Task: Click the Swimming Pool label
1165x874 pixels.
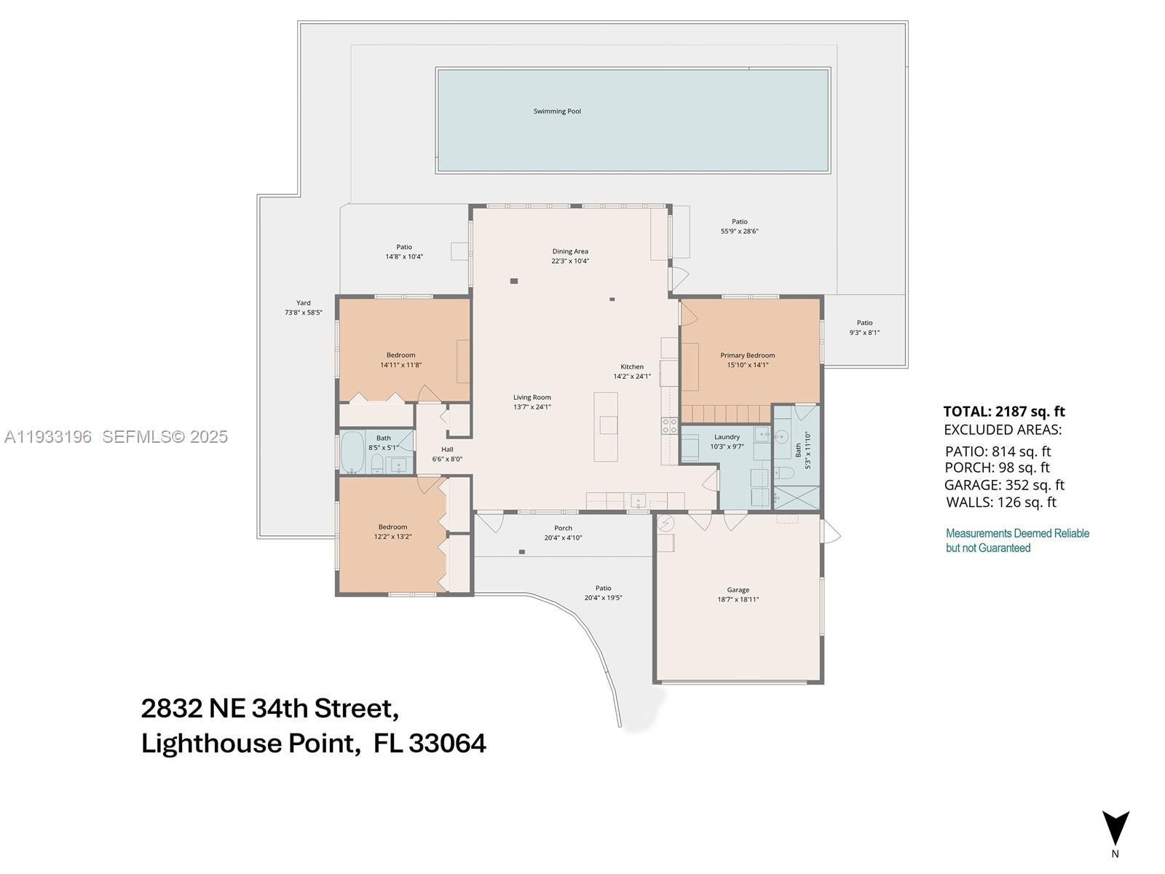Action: [557, 111]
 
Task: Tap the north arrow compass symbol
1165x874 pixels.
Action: [1115, 829]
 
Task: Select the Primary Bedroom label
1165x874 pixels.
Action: [748, 355]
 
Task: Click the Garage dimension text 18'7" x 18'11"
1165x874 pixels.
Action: [738, 599]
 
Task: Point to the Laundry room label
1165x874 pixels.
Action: [727, 437]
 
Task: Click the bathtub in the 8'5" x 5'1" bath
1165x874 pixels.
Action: [352, 453]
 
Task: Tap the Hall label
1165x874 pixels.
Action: [447, 449]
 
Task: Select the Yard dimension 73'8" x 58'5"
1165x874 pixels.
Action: [303, 312]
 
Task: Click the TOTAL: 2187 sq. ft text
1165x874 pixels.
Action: [1004, 412]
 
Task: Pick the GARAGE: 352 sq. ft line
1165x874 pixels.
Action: [1004, 485]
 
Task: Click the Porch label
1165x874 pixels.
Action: [563, 528]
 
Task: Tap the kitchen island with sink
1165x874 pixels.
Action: [606, 426]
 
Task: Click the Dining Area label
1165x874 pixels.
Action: [570, 251]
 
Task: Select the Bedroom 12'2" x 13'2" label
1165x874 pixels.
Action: [392, 527]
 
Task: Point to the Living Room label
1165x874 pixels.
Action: [532, 398]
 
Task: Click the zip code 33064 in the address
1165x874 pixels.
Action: [447, 744]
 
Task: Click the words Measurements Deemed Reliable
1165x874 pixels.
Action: [1017, 533]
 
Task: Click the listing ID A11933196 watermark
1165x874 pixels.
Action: [48, 436]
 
